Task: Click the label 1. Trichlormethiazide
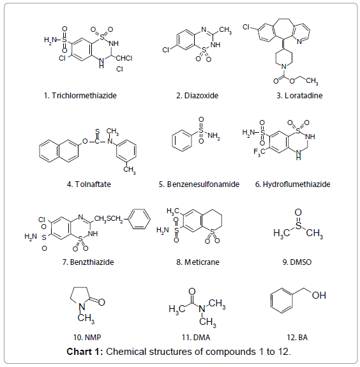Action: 80,96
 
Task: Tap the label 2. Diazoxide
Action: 197,96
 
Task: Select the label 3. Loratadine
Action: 299,96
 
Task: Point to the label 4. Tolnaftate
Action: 89,184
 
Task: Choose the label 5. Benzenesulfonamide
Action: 199,184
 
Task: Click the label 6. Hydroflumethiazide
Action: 292,184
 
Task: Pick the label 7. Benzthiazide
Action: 88,262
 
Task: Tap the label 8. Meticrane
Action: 198,262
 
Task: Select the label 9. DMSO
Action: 297,262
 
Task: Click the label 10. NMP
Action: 87,337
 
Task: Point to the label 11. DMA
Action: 196,337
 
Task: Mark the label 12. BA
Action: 297,337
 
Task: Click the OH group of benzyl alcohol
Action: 319,296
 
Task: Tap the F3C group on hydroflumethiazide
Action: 259,152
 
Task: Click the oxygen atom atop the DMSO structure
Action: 298,213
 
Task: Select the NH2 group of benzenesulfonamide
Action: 214,136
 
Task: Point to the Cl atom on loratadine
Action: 246,27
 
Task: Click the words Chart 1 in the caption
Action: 83,352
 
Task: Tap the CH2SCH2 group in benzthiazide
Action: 109,219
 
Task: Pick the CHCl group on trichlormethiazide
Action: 124,58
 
